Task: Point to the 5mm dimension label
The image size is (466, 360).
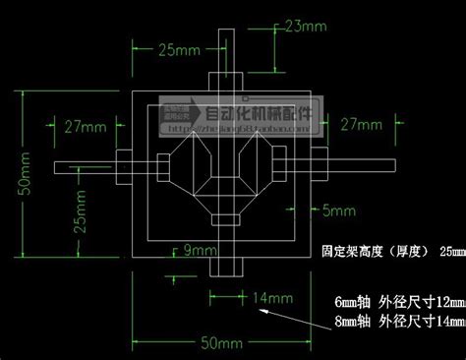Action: tap(339, 210)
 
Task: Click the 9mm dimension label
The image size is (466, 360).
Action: tap(200, 252)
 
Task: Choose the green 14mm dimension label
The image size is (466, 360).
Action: tap(273, 297)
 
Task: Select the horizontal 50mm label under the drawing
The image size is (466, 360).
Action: tap(222, 344)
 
